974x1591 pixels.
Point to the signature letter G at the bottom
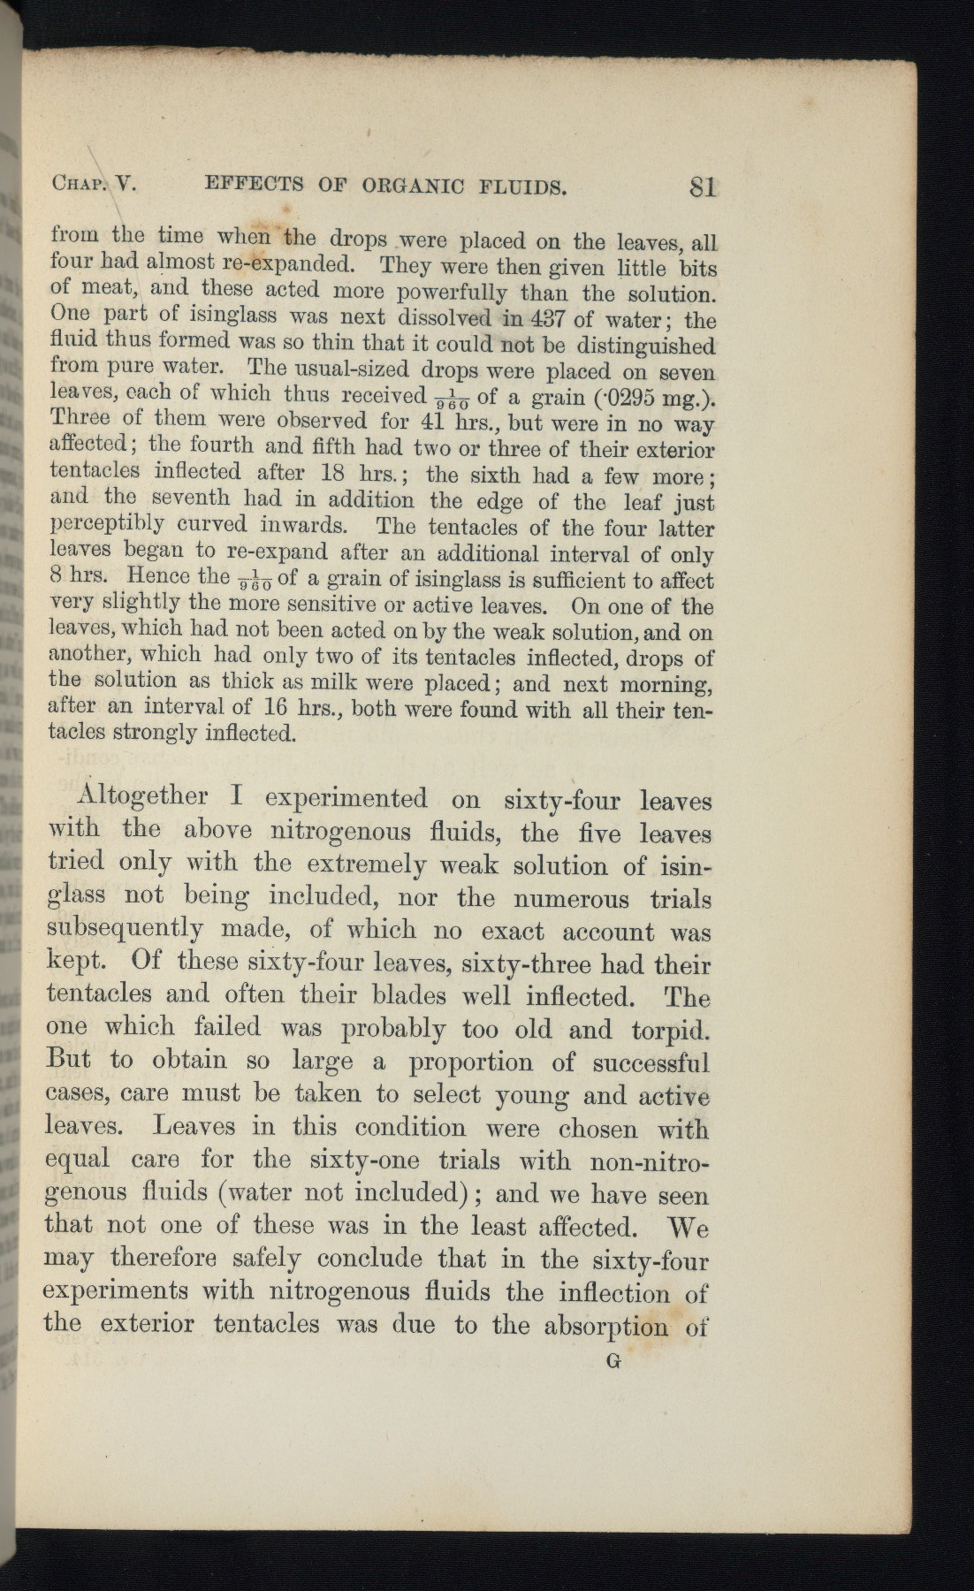point(615,1362)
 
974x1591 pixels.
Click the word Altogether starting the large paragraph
point(141,797)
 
